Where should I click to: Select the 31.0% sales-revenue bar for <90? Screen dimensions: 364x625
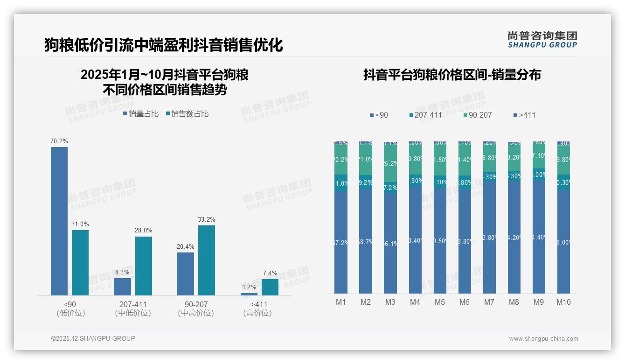(80, 262)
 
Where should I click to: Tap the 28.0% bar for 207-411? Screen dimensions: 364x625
(144, 266)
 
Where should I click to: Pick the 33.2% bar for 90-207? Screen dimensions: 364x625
(207, 260)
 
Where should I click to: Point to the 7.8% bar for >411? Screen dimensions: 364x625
(270, 287)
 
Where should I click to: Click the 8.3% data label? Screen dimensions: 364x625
(123, 272)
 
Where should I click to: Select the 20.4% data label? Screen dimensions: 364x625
(186, 246)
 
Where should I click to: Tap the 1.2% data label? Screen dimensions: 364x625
(249, 287)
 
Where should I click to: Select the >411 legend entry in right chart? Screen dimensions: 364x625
(524, 115)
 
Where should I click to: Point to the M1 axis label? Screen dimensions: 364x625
(341, 302)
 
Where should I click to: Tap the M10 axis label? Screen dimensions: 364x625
(563, 302)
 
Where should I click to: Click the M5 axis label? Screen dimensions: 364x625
(440, 302)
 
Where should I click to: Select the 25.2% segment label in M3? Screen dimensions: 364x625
(390, 163)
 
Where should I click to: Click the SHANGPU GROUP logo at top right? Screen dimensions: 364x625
(542, 39)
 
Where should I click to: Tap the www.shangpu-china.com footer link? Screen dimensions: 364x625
(543, 339)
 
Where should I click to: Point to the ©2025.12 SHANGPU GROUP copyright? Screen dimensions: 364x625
(93, 338)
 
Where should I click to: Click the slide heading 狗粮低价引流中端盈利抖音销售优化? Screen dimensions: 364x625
(164, 45)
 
